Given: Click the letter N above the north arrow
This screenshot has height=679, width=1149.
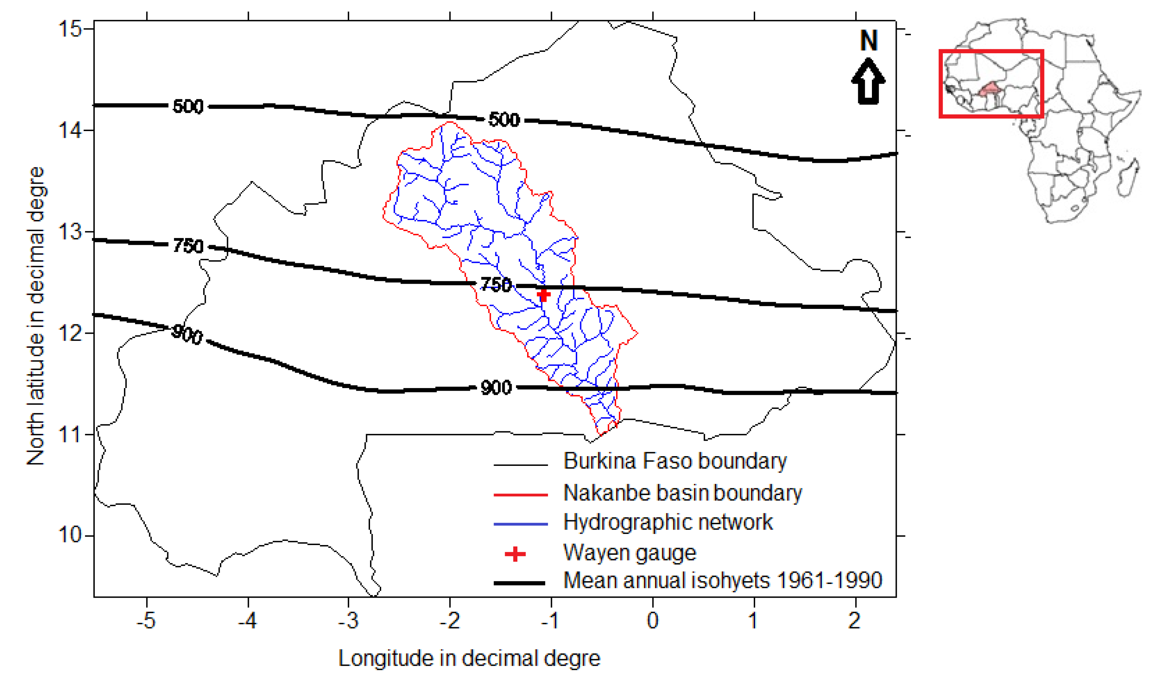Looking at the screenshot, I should point(868,41).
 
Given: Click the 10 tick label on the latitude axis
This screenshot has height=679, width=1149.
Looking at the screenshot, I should point(70,534).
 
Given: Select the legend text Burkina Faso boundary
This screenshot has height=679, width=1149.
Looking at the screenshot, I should point(675,461).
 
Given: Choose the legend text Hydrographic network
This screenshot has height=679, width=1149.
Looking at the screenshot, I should point(668,522).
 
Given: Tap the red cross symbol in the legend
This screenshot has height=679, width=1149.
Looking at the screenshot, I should point(515,554).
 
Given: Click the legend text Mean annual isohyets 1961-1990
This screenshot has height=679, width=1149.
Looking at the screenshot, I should point(722,580).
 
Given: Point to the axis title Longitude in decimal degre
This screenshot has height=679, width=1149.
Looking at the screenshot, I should point(469,658).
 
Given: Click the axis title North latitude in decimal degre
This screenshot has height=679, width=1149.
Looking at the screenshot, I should point(36,316).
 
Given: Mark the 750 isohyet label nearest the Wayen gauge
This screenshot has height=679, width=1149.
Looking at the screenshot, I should point(496,284).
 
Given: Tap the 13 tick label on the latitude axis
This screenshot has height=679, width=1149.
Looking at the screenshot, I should point(70,231).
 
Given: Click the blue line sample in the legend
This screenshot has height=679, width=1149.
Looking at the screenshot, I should point(521,524).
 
